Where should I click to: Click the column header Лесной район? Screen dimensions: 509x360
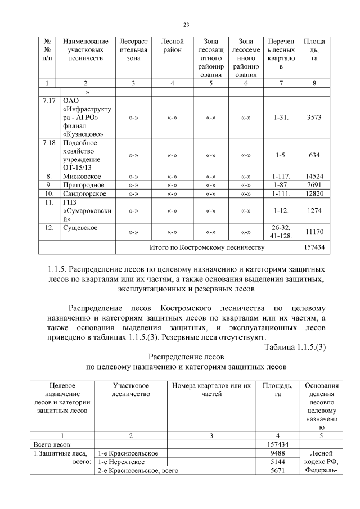tap(172, 46)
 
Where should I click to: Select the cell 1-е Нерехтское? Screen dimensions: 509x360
tap(120, 462)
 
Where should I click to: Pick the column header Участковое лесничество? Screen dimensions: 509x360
tap(130, 390)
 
